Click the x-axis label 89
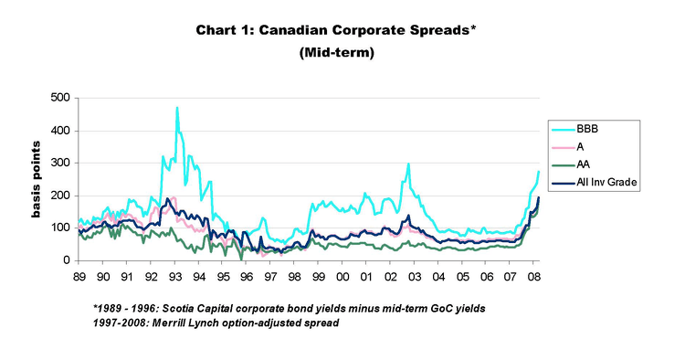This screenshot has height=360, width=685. (x=79, y=275)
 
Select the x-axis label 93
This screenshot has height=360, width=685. (x=174, y=275)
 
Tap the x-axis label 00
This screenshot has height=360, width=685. (x=342, y=275)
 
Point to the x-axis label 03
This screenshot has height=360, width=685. (x=414, y=275)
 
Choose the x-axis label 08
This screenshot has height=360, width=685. (x=533, y=275)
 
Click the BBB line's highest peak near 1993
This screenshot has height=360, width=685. (x=176, y=108)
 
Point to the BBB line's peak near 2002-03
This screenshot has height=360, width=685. (x=408, y=164)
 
